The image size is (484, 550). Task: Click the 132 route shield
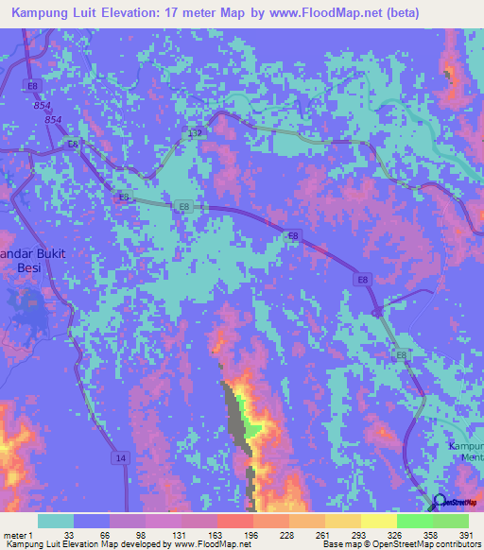(195, 133)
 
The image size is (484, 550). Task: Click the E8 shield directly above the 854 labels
(34, 85)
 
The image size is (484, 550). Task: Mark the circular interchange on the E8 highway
(378, 310)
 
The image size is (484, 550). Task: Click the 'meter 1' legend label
(18, 534)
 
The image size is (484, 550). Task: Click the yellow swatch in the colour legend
(378, 521)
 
